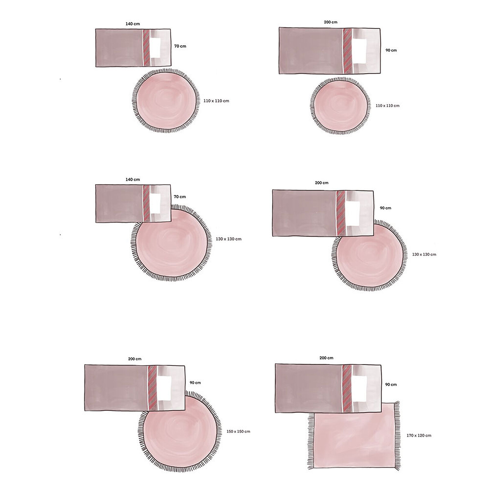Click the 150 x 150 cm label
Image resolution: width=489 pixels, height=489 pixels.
pos(238,432)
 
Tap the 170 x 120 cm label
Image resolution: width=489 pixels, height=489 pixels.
pos(419,436)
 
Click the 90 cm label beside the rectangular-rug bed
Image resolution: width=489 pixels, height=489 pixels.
pos(391,384)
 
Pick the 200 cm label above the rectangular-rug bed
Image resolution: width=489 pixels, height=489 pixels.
pos(326,358)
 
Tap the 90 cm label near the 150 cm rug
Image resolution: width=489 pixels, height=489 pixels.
pos(195,383)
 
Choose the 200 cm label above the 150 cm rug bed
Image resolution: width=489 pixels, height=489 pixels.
pos(134,359)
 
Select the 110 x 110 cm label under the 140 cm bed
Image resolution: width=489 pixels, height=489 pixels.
pos(216,101)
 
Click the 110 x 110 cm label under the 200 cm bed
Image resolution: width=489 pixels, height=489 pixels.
pos(387,106)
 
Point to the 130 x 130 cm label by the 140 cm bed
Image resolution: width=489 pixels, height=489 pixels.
pos(228,239)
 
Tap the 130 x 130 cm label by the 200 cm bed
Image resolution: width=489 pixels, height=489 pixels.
pos(424,254)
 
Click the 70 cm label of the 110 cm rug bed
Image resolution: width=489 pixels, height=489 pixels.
pos(180,46)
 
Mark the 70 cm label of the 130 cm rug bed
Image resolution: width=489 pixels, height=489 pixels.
pos(179,197)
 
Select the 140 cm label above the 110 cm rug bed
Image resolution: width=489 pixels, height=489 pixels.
pos(133,24)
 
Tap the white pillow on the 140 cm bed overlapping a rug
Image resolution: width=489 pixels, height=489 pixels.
pos(156,203)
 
